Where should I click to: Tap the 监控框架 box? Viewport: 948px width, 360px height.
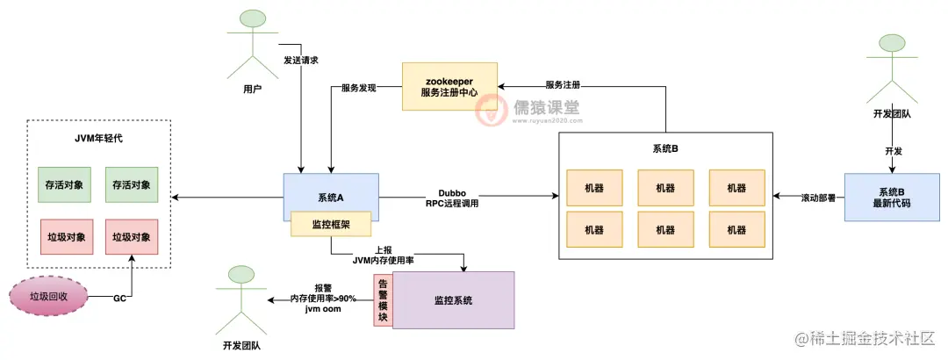(331, 225)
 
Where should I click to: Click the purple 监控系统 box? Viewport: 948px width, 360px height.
(453, 300)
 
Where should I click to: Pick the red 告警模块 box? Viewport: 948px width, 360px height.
(383, 300)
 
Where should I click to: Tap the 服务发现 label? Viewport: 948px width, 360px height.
(358, 88)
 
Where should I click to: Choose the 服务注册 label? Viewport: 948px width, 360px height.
(563, 85)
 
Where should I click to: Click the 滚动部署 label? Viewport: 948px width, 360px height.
(808, 197)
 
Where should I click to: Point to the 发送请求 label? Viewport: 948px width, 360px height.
(301, 61)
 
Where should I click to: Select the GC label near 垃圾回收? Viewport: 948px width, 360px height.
(119, 299)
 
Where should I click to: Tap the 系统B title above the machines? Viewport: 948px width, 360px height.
(666, 148)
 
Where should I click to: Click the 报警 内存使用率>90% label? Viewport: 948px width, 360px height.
(324, 299)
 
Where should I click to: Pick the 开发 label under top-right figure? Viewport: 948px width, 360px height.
(894, 151)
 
